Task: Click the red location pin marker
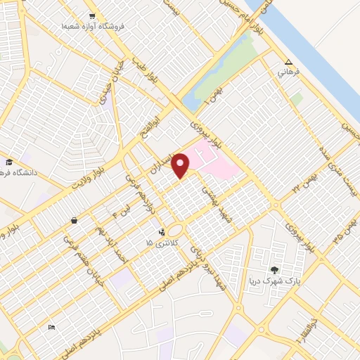click(x=181, y=165)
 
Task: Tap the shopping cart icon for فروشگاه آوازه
click(x=92, y=15)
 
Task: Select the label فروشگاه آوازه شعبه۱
click(x=92, y=26)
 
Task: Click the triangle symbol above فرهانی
click(x=288, y=61)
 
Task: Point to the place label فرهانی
click(x=288, y=72)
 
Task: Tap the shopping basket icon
click(x=74, y=221)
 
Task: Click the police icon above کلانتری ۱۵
click(x=162, y=231)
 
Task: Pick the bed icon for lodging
click(x=51, y=327)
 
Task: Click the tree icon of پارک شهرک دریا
click(x=274, y=269)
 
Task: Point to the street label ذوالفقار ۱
click(x=308, y=326)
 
